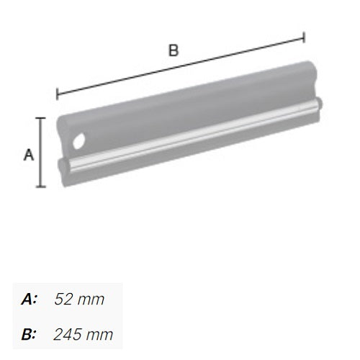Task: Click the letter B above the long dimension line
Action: (173, 50)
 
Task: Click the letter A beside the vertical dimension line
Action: (29, 154)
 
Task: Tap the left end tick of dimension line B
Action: (57, 94)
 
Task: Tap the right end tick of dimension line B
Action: (305, 37)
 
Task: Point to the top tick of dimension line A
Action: (41, 119)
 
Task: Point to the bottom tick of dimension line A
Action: (41, 186)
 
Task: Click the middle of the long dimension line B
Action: (180, 66)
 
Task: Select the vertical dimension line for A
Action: (41, 153)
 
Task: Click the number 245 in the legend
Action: (68, 334)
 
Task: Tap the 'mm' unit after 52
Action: (92, 300)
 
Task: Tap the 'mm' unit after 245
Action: (101, 334)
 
